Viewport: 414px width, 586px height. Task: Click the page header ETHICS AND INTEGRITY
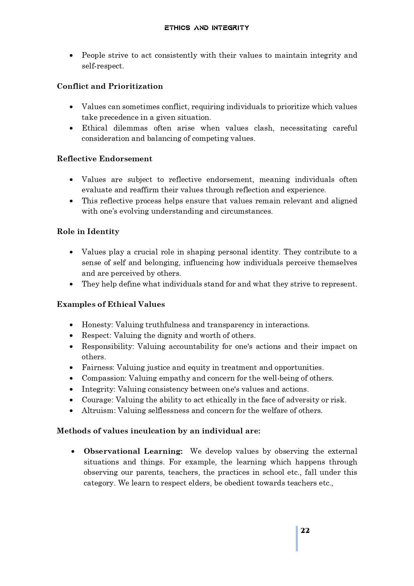tap(206, 28)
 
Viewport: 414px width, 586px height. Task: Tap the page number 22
tap(305, 531)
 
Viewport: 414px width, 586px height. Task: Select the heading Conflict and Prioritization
tap(110, 86)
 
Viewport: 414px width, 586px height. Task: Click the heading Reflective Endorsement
tap(104, 159)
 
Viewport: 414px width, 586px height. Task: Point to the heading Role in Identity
tap(88, 231)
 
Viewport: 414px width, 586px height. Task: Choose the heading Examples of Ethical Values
tap(111, 304)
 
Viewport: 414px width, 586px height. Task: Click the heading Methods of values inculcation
tap(158, 431)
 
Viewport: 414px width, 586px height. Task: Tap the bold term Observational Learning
tap(133, 451)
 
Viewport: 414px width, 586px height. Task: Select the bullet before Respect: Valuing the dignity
tap(71, 336)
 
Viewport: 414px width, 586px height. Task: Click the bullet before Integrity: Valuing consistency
tap(71, 389)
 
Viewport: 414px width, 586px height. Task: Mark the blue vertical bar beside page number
tap(297, 539)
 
